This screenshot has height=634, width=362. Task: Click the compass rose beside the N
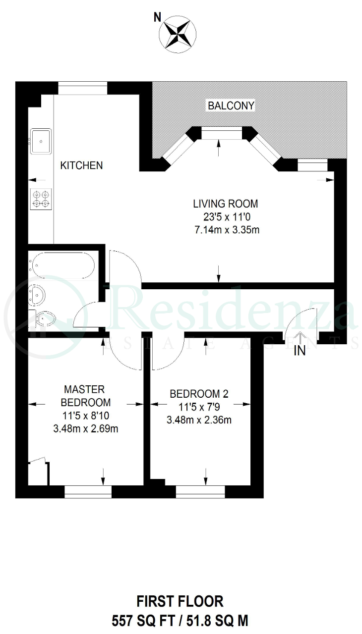[178, 34]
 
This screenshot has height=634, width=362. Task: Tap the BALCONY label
[231, 106]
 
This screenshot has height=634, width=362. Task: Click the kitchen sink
[41, 141]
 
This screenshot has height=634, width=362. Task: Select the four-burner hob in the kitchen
[41, 199]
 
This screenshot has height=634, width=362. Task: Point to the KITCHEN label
[82, 165]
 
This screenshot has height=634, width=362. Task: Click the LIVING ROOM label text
[226, 204]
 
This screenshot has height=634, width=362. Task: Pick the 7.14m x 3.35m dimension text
[227, 229]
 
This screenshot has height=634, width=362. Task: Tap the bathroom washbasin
[37, 295]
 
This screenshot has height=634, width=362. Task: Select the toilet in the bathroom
[43, 319]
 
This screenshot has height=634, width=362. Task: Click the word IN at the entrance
[300, 351]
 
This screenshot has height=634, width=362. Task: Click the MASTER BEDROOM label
[86, 396]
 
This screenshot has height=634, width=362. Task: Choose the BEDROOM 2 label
[199, 394]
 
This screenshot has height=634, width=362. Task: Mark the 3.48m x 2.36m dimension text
[199, 420]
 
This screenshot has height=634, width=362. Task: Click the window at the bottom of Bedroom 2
[200, 492]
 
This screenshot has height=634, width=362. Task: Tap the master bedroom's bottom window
[88, 492]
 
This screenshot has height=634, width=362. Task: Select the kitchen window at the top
[83, 88]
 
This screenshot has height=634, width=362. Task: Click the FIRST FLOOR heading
[180, 601]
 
